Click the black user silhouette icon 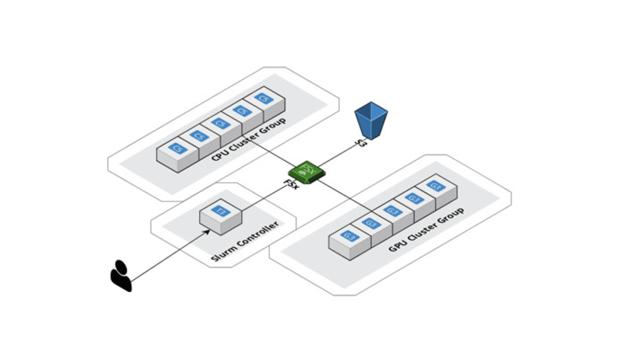[121, 275]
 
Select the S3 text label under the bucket [361, 144]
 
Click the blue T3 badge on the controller [221, 211]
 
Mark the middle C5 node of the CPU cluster [220, 124]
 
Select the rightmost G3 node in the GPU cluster [435, 188]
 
